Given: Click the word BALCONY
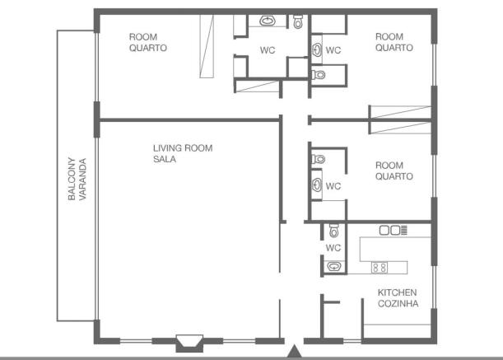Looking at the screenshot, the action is [72, 179].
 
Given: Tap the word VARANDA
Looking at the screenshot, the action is [82, 180].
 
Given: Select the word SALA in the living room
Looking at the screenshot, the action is [165, 159].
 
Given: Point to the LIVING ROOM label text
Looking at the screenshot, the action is [183, 148].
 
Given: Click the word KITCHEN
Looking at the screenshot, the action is [397, 292].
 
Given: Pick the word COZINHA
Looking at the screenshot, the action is [398, 303].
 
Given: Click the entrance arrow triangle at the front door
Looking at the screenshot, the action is [294, 351].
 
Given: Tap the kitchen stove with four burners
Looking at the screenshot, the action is [380, 268].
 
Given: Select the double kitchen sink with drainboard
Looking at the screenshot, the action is [394, 231].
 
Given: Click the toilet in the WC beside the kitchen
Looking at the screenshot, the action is [334, 231].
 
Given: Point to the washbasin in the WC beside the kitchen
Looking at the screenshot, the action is [334, 267].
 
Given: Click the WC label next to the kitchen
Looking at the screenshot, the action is [333, 248].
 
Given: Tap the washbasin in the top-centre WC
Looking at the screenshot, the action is [268, 21].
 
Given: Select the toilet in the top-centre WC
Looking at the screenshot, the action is [298, 21].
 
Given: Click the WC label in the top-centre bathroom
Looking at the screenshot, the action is [268, 50].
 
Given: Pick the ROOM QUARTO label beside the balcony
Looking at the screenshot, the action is [148, 42].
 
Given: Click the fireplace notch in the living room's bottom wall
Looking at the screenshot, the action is [189, 343].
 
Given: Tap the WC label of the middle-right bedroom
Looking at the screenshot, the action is [333, 186].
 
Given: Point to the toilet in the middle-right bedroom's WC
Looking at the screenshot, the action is [319, 159].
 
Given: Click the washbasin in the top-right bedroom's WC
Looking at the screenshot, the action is [317, 50].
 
